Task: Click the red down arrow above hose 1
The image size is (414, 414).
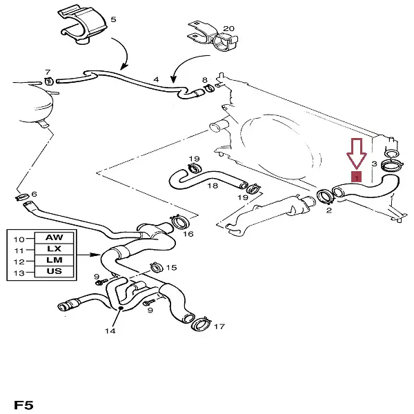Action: [x=356, y=153]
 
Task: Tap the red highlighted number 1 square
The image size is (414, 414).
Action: [x=356, y=178]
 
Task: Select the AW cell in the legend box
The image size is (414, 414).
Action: [x=54, y=238]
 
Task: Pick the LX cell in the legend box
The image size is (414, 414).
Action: [x=54, y=249]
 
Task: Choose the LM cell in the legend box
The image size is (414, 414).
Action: [x=54, y=261]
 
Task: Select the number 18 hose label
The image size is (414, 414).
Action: [x=213, y=186]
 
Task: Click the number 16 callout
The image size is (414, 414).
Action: [x=188, y=235]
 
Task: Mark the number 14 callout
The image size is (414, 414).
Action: [x=110, y=331]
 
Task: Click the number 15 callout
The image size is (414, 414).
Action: [x=171, y=267]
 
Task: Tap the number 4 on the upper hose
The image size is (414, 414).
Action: [x=157, y=80]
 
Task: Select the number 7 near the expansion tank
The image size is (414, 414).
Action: [x=48, y=72]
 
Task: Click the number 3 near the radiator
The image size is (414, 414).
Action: [x=373, y=164]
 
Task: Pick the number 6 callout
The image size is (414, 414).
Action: [x=34, y=194]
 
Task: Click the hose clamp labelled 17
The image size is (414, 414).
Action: [x=201, y=323]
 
